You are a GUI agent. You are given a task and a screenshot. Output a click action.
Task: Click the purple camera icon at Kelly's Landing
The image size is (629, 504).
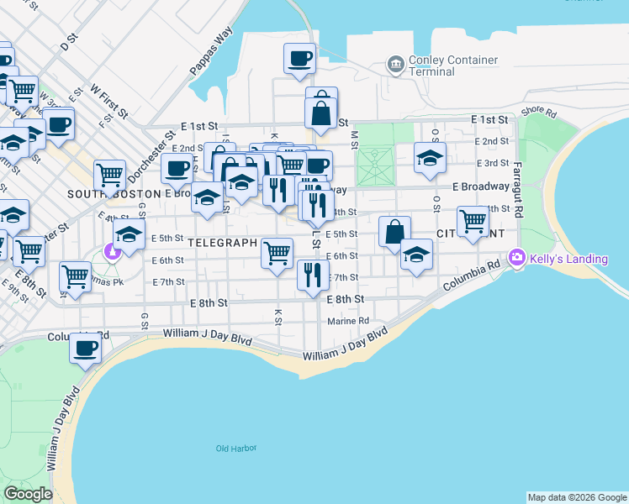click(x=517, y=258)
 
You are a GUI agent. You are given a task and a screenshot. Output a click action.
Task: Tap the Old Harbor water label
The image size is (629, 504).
click(x=235, y=449)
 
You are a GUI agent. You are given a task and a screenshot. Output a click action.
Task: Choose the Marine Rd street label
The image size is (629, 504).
click(x=348, y=320)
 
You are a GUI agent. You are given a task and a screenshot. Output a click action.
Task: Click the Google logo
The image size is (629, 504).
click(x=29, y=494)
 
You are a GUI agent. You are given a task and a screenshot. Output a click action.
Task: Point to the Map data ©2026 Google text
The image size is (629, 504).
click(x=577, y=497)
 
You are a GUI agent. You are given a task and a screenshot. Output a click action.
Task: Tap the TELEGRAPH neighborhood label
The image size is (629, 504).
click(x=221, y=243)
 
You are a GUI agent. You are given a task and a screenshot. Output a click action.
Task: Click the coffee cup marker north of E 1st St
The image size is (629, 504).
click(x=299, y=59)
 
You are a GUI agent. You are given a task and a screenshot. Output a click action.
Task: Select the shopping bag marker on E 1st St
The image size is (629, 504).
click(x=321, y=112)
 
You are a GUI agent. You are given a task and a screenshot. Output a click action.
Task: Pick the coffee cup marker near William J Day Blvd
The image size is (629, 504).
click(x=85, y=347)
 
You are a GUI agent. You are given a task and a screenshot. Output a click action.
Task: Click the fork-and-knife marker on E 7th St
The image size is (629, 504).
click(x=312, y=274)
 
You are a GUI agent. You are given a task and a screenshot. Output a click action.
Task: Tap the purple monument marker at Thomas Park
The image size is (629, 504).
click(x=112, y=250)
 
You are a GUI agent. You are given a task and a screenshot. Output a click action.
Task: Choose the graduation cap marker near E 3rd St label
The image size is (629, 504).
click(x=429, y=157)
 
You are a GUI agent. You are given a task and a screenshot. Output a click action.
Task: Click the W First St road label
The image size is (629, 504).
click(x=108, y=99)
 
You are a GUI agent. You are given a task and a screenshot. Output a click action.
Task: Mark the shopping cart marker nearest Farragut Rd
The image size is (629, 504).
click(x=473, y=221)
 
